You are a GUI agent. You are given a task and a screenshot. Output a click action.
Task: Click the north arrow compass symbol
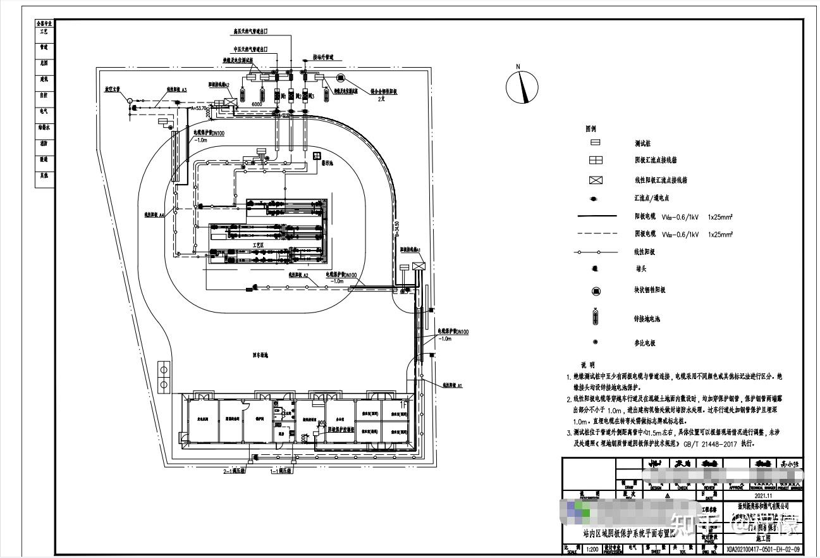click(x=522, y=86)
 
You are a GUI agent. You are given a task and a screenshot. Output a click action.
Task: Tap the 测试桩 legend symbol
click(x=596, y=142)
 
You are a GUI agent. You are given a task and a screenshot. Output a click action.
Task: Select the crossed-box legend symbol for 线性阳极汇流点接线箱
click(x=596, y=180)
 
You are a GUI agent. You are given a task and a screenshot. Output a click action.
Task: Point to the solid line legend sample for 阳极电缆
click(x=596, y=216)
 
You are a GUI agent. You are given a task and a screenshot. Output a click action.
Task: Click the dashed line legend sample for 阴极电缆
click(x=596, y=234)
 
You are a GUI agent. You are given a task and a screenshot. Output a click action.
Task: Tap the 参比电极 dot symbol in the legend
click(x=596, y=342)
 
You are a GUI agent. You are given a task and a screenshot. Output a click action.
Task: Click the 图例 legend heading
click(x=592, y=128)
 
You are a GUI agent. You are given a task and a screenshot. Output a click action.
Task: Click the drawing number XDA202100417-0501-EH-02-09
click(x=762, y=549)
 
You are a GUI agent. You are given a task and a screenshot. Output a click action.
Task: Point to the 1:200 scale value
click(x=592, y=549)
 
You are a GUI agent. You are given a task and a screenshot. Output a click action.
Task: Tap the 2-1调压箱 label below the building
click(x=235, y=471)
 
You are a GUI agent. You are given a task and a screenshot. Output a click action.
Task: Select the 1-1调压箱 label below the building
click(x=281, y=471)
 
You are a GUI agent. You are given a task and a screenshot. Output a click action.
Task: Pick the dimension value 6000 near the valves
click(x=257, y=104)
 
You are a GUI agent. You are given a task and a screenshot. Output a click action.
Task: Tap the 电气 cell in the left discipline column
click(x=44, y=111)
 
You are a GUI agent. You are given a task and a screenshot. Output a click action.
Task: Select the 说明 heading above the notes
click(x=588, y=365)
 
